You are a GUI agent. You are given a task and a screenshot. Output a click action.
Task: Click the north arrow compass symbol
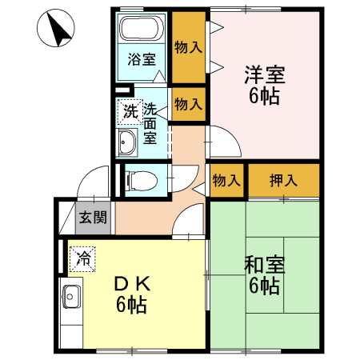click(x=56, y=30)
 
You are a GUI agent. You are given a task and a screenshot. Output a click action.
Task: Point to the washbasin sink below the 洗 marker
click(x=127, y=143)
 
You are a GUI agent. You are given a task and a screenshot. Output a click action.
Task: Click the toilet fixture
click(x=138, y=179)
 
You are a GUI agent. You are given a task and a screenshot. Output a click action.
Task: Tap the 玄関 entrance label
click(x=94, y=216)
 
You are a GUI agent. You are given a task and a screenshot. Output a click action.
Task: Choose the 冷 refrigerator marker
click(x=82, y=258)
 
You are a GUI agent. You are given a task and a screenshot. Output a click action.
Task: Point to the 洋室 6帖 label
click(x=263, y=86)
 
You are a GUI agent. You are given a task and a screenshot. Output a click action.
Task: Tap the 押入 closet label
click(x=283, y=180)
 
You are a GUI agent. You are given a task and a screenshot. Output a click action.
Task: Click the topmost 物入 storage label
click(x=188, y=47)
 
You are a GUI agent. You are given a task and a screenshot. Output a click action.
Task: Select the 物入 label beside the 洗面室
click(x=188, y=103)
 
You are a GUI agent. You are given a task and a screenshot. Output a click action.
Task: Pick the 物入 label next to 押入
click(x=227, y=180)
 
